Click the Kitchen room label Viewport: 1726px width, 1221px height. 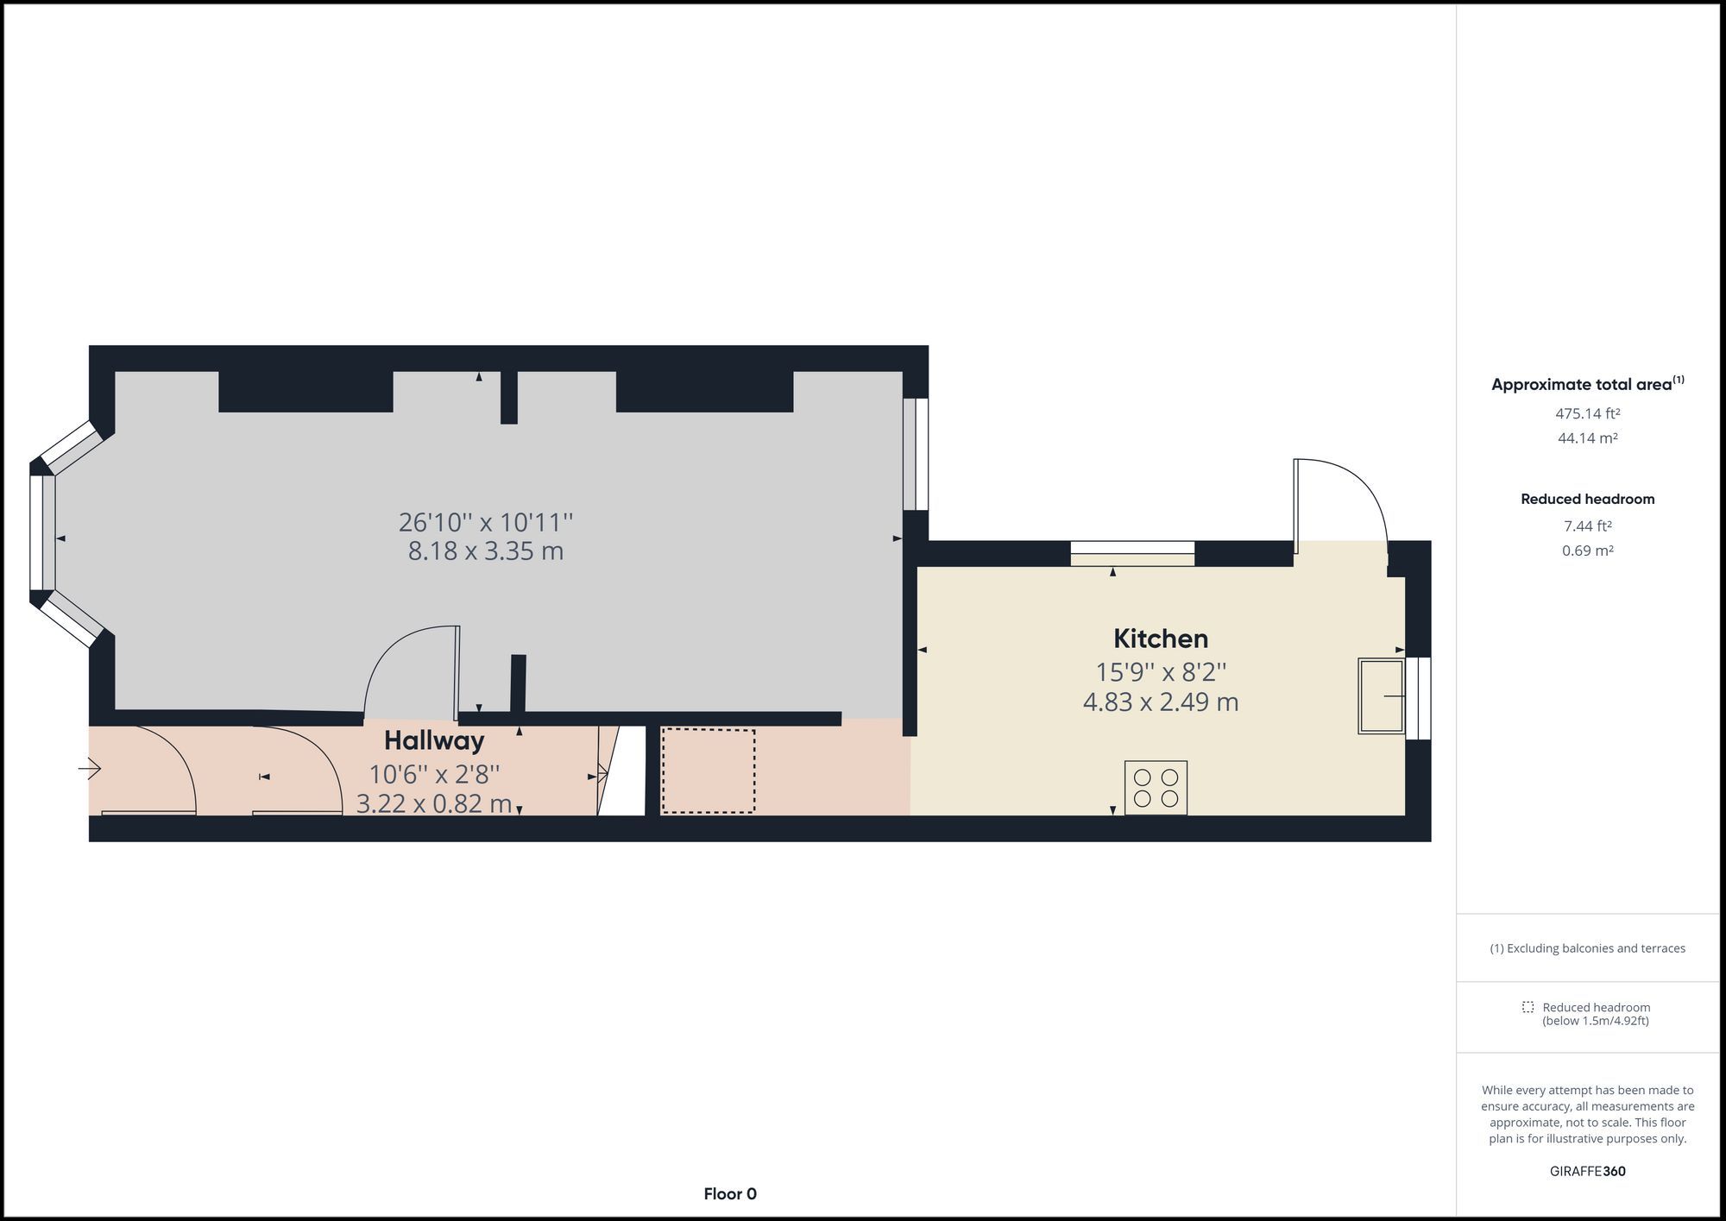pyautogui.click(x=1160, y=639)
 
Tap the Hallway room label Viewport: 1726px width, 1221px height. pyautogui.click(x=434, y=741)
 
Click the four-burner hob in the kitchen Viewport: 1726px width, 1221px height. pyautogui.click(x=1156, y=788)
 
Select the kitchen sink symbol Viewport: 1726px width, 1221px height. pyautogui.click(x=1382, y=695)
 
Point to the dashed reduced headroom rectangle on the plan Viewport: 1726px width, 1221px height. pyautogui.click(x=708, y=771)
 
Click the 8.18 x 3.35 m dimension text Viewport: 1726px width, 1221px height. pyautogui.click(x=486, y=551)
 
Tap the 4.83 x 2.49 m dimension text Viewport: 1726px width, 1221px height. pyautogui.click(x=1161, y=702)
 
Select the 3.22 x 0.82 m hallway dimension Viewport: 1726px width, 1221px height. pyautogui.click(x=434, y=804)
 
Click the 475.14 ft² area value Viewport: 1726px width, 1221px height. pyautogui.click(x=1588, y=413)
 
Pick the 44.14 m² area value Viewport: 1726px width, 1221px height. pyautogui.click(x=1588, y=438)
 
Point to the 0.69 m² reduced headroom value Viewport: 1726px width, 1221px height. pyautogui.click(x=1588, y=551)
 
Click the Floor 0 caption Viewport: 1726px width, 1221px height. pyautogui.click(x=730, y=1194)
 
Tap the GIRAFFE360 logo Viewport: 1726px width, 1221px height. pyautogui.click(x=1588, y=1172)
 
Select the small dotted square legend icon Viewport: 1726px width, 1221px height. pyautogui.click(x=1528, y=1007)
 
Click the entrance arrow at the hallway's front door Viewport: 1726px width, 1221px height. pyautogui.click(x=91, y=768)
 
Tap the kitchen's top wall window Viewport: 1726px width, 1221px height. pyautogui.click(x=1132, y=553)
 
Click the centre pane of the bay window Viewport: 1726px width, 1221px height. pyautogui.click(x=42, y=532)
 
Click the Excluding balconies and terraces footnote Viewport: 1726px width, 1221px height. pyautogui.click(x=1588, y=948)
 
